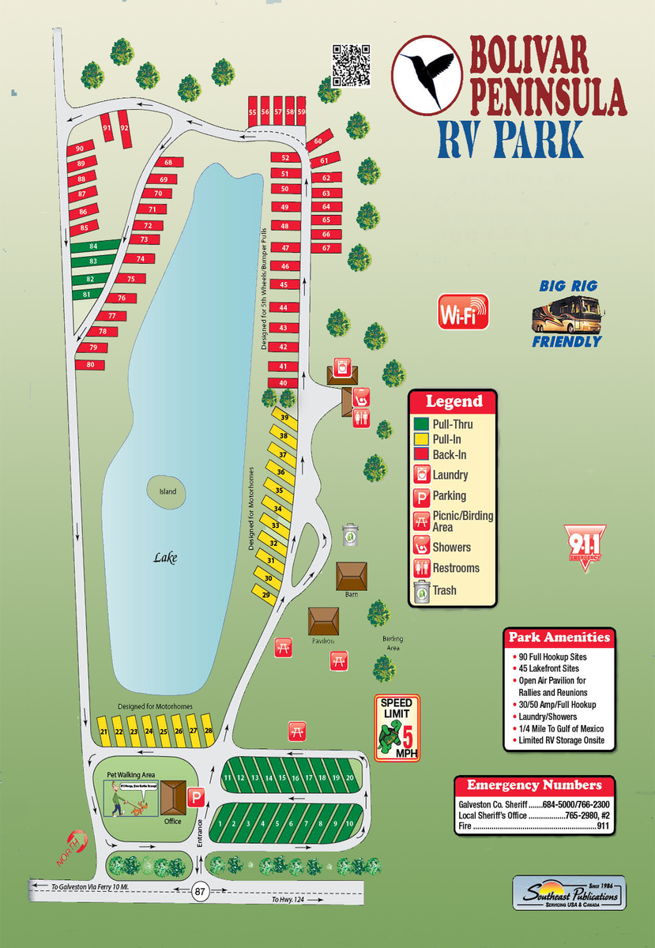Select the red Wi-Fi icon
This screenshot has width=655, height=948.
coord(464,312)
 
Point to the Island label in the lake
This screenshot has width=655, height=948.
coord(168,491)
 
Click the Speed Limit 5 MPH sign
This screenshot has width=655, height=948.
coord(397,728)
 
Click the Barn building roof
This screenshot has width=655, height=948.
coord(352,574)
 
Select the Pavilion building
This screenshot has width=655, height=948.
coord(324,621)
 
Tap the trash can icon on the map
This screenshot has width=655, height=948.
coord(350,536)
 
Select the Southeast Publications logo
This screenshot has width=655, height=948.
coord(569,893)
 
